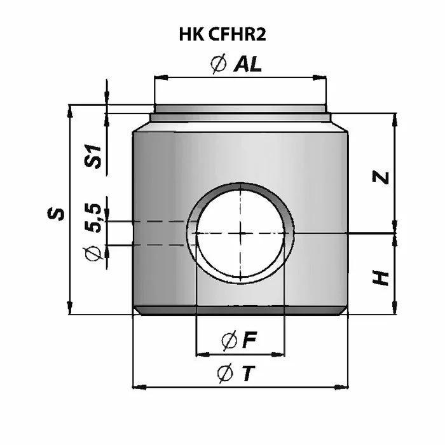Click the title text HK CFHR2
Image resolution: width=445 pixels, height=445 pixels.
222,34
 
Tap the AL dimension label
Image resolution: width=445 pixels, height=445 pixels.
247,64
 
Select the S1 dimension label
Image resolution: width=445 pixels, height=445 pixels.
93,156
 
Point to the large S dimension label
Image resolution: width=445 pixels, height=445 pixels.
56,214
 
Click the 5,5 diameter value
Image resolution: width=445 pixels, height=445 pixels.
93,217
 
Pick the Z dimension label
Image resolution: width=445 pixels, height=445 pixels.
381,177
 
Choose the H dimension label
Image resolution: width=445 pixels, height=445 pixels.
381,278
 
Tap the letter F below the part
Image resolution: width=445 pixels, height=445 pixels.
249,339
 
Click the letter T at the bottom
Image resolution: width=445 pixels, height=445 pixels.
249,374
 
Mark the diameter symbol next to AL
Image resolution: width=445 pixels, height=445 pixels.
219,64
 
